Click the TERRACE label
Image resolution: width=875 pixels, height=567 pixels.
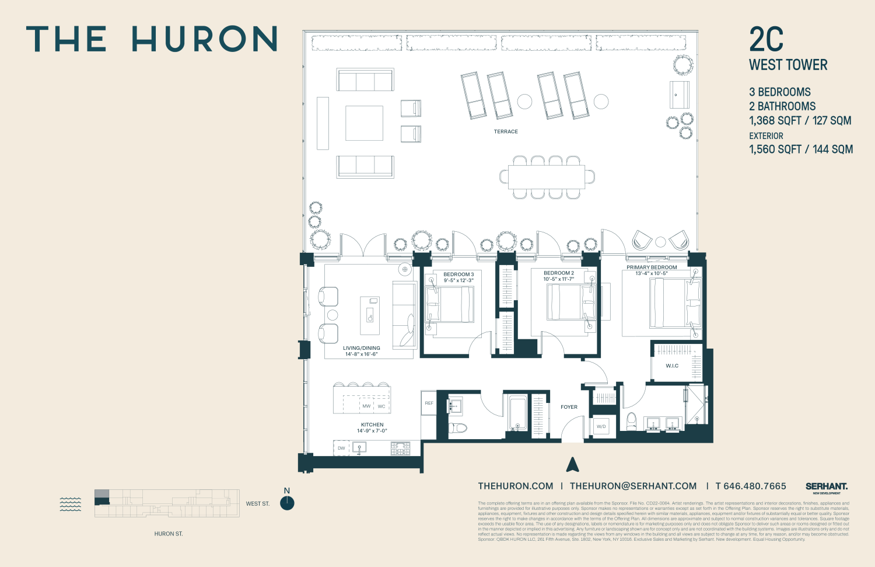pos(506,131)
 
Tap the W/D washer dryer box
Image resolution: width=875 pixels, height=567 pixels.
pos(601,427)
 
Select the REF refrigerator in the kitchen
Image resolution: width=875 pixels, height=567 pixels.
pos(429,403)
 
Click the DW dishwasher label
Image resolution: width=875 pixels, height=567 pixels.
pos(341,448)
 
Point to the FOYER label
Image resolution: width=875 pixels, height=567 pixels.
pos(569,407)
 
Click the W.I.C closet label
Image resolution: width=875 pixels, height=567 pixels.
pos(672,366)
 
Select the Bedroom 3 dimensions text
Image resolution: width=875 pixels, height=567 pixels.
pos(459,280)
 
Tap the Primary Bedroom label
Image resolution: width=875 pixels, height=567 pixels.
pos(652,267)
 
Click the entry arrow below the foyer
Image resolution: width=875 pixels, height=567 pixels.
pos(572,465)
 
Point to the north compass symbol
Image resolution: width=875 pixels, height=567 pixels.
pos(287,503)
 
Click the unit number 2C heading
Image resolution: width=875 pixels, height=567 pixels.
pos(766,40)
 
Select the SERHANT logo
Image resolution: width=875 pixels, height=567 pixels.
pos(827,486)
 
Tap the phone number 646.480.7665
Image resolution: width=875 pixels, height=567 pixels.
pos(751,486)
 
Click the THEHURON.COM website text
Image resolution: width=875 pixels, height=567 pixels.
pos(516,486)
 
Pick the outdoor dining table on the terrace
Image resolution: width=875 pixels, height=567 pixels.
pos(546,177)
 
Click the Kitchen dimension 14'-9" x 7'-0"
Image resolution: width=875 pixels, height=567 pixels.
pos(372,431)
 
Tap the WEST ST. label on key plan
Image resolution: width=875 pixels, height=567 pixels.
pos(257,503)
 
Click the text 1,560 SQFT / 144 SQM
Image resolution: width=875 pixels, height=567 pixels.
pos(801,149)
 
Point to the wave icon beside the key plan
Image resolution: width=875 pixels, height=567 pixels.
pos(71,505)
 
